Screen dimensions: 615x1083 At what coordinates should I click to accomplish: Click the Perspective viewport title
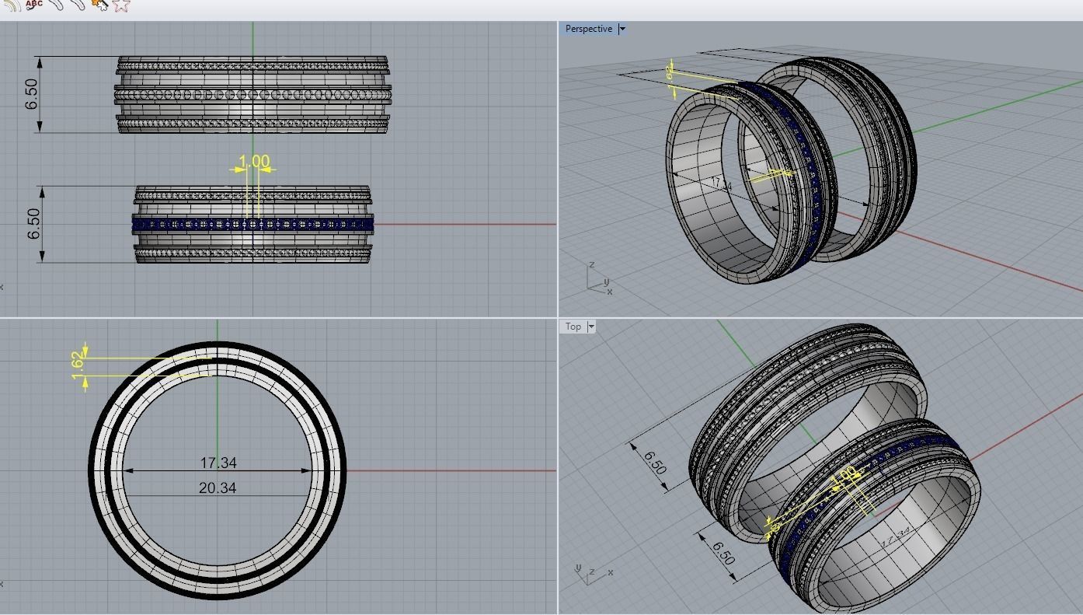tap(588, 29)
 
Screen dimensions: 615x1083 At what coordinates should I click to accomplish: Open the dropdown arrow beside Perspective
tap(622, 29)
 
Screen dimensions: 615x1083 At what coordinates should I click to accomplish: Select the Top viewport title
tap(573, 327)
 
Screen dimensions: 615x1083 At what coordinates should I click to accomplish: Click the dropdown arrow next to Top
tap(591, 327)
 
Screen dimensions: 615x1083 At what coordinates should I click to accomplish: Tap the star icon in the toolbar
tap(121, 5)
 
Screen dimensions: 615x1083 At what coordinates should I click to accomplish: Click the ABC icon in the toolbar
tap(34, 4)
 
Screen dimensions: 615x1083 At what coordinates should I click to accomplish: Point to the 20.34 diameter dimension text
tap(218, 487)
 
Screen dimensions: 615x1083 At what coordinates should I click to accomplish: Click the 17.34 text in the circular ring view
tap(218, 463)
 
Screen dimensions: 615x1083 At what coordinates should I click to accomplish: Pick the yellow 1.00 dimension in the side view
tap(253, 162)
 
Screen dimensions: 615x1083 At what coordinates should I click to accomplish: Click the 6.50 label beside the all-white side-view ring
tap(32, 94)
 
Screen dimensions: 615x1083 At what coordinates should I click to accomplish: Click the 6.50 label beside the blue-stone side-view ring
tap(33, 224)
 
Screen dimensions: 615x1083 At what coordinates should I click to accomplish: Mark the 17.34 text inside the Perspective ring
tap(722, 185)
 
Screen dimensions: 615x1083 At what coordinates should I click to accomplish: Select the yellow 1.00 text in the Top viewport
tap(845, 475)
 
